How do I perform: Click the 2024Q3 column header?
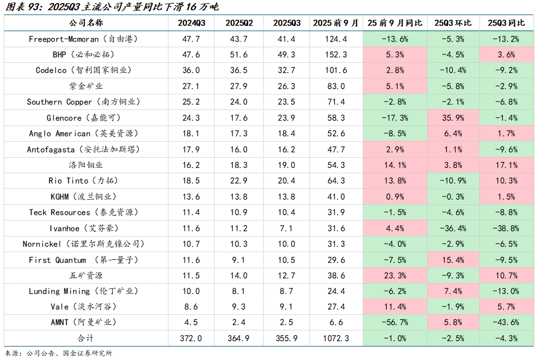click(x=191, y=23)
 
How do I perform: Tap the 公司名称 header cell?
click(x=86, y=23)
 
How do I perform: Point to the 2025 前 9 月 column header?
click(x=336, y=23)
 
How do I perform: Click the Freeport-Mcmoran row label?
click(x=86, y=39)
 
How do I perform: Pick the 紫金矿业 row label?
click(x=86, y=86)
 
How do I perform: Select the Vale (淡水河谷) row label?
click(x=86, y=307)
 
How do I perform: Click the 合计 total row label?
click(x=86, y=338)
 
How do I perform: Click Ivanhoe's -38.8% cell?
click(x=505, y=228)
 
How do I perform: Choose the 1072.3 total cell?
click(x=336, y=338)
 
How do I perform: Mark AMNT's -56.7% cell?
click(x=394, y=322)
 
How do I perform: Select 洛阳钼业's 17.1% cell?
click(x=505, y=165)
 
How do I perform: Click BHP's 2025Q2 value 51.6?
click(x=239, y=54)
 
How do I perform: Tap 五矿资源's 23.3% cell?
click(x=394, y=275)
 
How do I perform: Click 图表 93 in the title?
click(x=21, y=7)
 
